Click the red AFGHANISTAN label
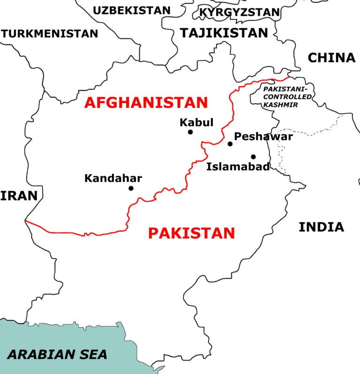(x=146, y=102)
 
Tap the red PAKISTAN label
(x=191, y=232)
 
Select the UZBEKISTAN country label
(x=132, y=10)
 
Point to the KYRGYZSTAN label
(x=240, y=12)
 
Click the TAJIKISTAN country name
(x=224, y=32)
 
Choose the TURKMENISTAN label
(x=50, y=34)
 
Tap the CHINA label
(x=331, y=58)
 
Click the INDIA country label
(x=321, y=227)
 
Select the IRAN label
(x=18, y=195)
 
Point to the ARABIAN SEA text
(x=57, y=354)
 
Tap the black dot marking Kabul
(x=190, y=132)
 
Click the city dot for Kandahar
(x=131, y=188)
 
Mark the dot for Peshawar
(x=230, y=144)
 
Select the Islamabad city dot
(x=253, y=157)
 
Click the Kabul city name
(x=196, y=122)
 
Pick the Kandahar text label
(x=113, y=178)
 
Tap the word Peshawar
(x=263, y=136)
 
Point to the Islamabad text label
(x=238, y=166)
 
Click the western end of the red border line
(x=26, y=220)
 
